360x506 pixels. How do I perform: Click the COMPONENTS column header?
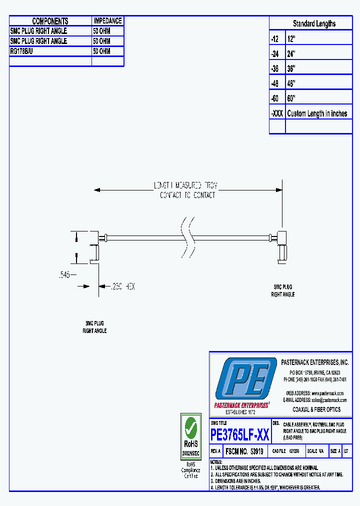(50, 21)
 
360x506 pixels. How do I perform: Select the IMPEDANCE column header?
(107, 21)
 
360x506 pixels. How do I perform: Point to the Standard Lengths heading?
(314, 23)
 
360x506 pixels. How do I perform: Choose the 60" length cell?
(291, 98)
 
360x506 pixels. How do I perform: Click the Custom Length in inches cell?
(317, 113)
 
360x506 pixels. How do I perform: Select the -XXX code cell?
(277, 113)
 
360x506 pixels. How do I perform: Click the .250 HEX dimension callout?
(122, 286)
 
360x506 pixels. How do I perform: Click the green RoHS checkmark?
(190, 427)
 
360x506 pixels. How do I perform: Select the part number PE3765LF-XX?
(240, 434)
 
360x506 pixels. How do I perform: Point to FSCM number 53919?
(244, 451)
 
